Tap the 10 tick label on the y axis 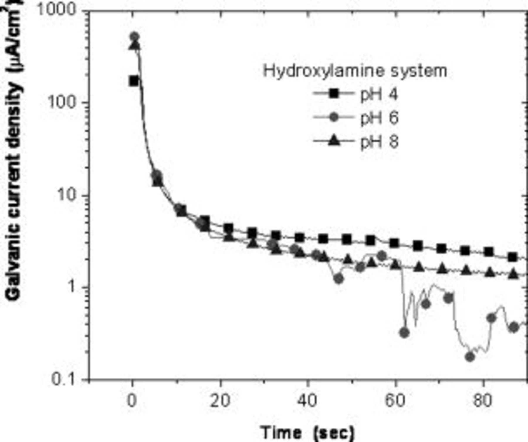(67, 195)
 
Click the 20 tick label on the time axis (220, 400)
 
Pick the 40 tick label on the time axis (307, 400)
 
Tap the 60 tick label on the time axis (395, 400)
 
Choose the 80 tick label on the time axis (483, 400)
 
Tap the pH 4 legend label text (379, 95)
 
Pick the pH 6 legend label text (379, 118)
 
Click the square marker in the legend (334, 94)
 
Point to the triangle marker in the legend (334, 141)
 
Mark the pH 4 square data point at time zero (134, 81)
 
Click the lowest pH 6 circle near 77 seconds (470, 357)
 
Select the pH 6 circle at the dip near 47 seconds (339, 278)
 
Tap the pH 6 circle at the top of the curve (134, 37)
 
